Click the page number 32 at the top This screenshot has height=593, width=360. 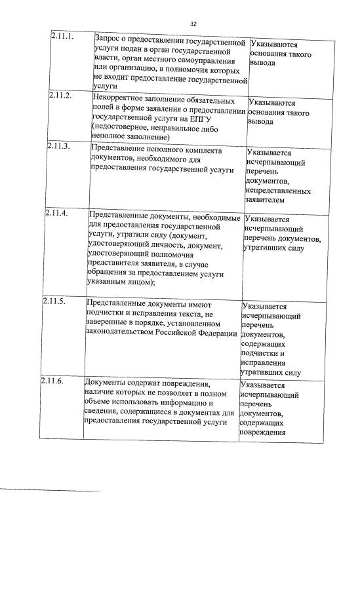pos(193,24)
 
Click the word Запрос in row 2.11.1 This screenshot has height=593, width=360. pos(111,39)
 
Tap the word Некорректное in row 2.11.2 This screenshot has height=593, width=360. pos(120,102)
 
